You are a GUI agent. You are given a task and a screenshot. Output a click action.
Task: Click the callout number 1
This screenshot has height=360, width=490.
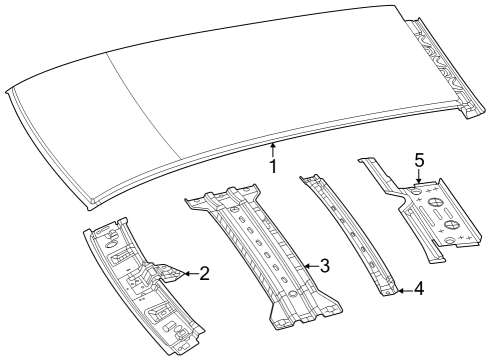[272, 166]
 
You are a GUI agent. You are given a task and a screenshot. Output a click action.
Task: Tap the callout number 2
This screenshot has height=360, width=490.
[204, 271]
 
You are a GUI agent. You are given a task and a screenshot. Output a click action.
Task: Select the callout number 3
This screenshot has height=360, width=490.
[325, 265]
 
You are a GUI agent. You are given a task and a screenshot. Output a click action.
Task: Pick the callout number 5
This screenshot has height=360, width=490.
[420, 160]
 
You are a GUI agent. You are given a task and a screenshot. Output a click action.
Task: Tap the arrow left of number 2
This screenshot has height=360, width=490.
[186, 271]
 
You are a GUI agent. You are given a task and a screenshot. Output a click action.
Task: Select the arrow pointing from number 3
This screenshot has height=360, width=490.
[308, 265]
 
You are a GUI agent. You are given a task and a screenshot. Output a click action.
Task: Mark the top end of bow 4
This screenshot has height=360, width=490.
[309, 179]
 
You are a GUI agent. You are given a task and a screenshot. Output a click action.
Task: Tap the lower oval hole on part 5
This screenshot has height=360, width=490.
[452, 239]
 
